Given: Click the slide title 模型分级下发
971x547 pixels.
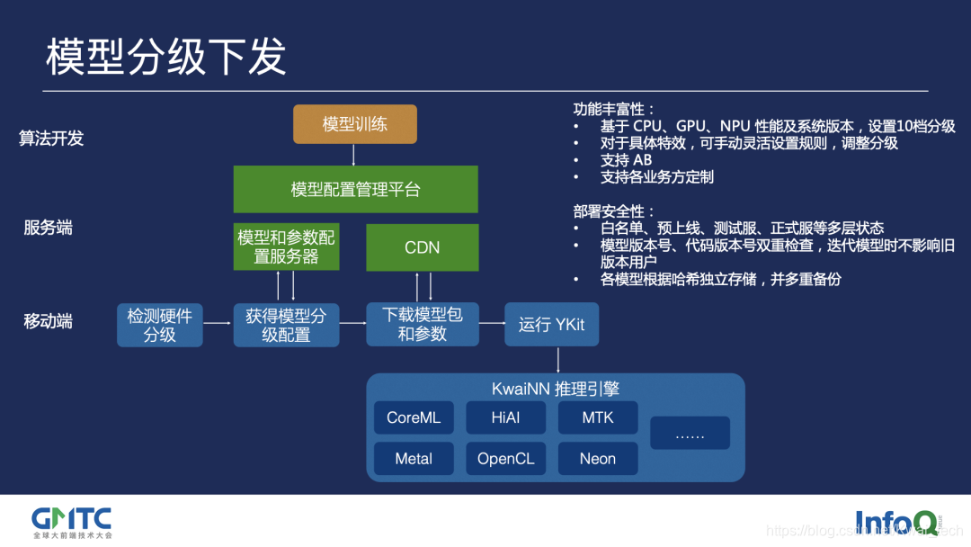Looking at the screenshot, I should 166,57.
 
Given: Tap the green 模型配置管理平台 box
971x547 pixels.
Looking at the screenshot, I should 355,189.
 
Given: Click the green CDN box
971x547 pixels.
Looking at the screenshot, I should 422,247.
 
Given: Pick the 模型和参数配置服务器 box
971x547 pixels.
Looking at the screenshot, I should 287,247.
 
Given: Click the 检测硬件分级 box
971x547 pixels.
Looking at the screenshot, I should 160,325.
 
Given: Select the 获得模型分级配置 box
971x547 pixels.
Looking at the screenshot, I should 287,325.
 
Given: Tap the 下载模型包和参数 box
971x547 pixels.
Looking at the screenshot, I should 422,325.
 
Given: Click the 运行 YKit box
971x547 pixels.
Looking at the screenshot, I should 551,325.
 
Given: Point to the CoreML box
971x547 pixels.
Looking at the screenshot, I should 414,417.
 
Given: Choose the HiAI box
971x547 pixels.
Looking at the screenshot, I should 505,417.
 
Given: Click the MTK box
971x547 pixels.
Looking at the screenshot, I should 598,417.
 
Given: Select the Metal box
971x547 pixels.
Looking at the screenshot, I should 414,459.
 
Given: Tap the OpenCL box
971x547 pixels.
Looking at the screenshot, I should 505,459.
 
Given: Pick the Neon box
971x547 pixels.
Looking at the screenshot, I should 598,459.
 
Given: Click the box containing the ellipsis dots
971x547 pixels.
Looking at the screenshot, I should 690,434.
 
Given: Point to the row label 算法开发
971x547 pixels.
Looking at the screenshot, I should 51,139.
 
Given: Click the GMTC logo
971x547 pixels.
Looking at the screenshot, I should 72,520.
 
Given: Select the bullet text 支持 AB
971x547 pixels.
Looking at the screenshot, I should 626,160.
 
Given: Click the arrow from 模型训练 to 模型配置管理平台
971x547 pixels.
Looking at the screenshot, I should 354,155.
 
